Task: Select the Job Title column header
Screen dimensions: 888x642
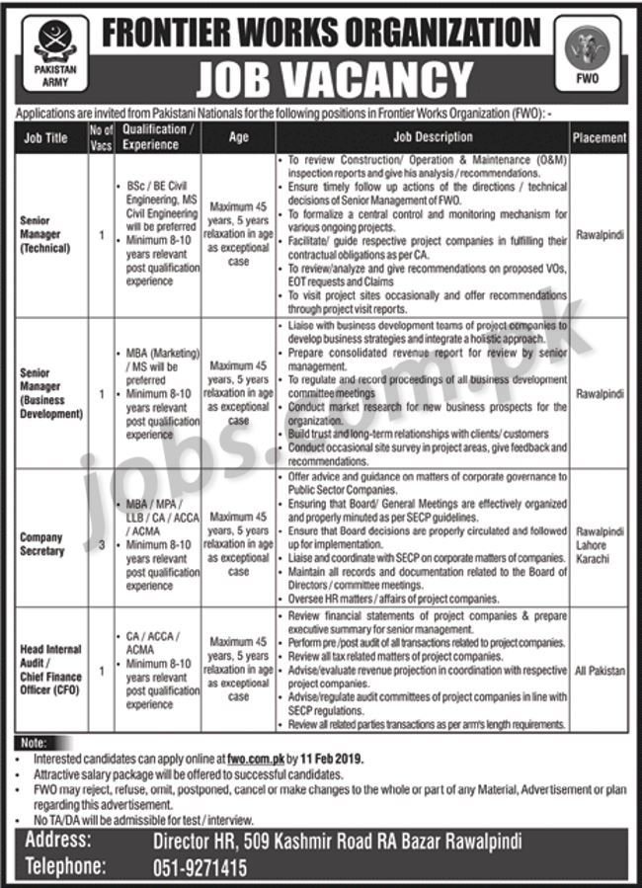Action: pyautogui.click(x=45, y=137)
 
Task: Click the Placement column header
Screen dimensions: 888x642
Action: pyautogui.click(x=599, y=138)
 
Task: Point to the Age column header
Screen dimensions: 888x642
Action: pyautogui.click(x=238, y=137)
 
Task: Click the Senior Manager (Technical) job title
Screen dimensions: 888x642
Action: pyautogui.click(x=45, y=234)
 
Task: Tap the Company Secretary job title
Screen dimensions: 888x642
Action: pyautogui.click(x=41, y=544)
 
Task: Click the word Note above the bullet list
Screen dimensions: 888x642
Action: pyautogui.click(x=33, y=743)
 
